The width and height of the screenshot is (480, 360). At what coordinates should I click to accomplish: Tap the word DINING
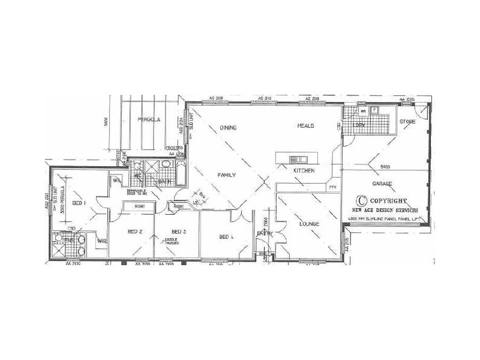pyautogui.click(x=228, y=127)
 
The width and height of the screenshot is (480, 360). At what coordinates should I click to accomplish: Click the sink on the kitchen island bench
pyautogui.click(x=297, y=160)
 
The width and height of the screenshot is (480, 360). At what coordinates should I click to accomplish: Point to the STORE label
pyautogui.click(x=408, y=122)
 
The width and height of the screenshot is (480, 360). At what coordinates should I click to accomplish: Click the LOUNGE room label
pyautogui.click(x=310, y=224)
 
